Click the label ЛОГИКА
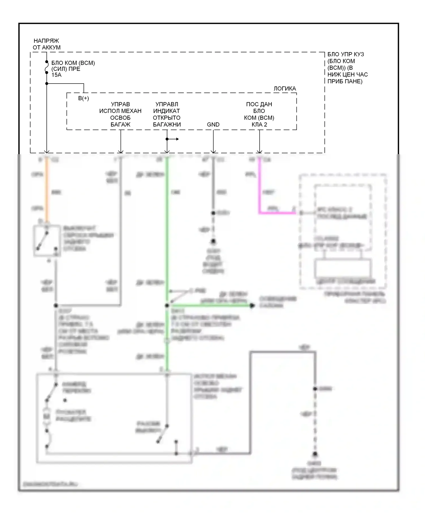tap(284, 89)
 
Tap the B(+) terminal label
tap(84, 98)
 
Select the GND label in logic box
tap(213, 125)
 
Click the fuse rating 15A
tap(56, 75)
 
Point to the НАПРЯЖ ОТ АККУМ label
tap(46, 44)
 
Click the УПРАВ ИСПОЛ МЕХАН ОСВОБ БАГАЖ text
tap(120, 114)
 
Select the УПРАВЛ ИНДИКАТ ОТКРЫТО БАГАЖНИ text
tap(167, 114)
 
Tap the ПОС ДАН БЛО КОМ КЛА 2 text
tap(259, 114)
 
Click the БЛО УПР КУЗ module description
tap(347, 68)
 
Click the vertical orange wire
tap(47, 190)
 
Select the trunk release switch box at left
tap(47, 241)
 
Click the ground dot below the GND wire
tap(213, 241)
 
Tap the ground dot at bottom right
tap(315, 454)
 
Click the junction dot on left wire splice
tap(56, 305)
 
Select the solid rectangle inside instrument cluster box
tap(343, 268)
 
